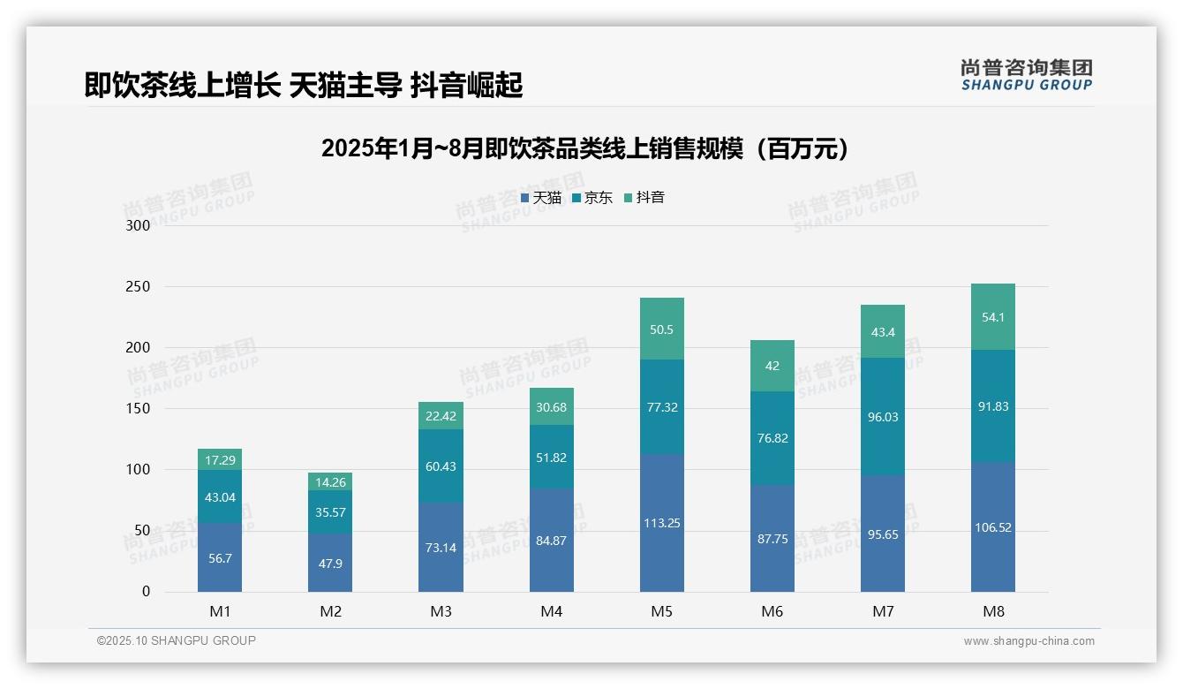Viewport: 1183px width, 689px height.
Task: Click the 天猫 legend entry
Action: (x=540, y=198)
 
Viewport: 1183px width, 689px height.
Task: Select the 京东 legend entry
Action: (x=592, y=198)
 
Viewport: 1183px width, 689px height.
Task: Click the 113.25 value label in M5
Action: (x=661, y=523)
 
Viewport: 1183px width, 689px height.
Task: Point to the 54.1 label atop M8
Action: (x=993, y=317)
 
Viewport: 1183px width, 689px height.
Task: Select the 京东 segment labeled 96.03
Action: (x=883, y=417)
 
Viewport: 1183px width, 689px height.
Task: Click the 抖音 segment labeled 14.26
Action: (x=330, y=482)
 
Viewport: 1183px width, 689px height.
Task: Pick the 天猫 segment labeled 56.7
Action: (x=220, y=557)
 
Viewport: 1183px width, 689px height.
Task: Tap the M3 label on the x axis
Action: (x=441, y=611)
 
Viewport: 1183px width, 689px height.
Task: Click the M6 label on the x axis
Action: (x=772, y=611)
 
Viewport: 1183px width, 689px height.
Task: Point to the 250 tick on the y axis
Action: (x=139, y=287)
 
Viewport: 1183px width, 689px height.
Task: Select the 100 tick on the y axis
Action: (x=139, y=470)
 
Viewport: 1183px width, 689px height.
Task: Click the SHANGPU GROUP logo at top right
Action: (x=1026, y=75)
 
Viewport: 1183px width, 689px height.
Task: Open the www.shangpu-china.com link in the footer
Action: (x=1029, y=641)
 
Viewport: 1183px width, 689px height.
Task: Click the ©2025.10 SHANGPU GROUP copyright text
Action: (x=177, y=640)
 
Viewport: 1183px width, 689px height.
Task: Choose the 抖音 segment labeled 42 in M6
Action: (x=772, y=366)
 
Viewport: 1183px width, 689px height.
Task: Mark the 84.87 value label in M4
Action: (x=551, y=541)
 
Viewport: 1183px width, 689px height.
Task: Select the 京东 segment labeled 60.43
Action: (x=441, y=466)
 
